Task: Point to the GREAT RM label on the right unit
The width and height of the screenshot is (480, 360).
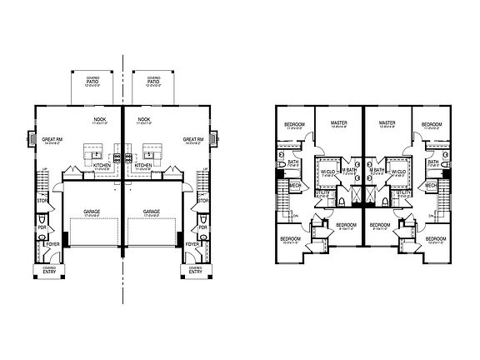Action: [194, 141]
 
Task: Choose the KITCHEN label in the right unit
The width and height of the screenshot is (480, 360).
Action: [142, 167]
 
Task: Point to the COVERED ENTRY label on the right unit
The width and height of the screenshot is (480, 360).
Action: [194, 271]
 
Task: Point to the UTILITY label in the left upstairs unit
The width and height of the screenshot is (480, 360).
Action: [321, 193]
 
